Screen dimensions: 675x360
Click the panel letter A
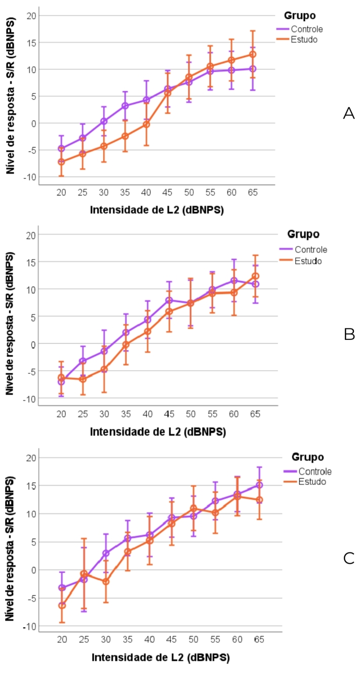348,113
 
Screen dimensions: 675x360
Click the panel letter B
349,334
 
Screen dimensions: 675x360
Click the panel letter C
348,558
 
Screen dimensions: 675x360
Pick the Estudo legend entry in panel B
310,261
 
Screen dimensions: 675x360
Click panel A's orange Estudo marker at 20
61,162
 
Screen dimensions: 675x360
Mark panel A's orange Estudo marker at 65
252,54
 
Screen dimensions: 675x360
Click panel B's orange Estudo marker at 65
255,276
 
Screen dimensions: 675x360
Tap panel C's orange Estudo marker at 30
106,581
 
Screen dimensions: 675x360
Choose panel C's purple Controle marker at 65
259,485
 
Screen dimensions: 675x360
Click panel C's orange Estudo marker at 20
62,606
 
